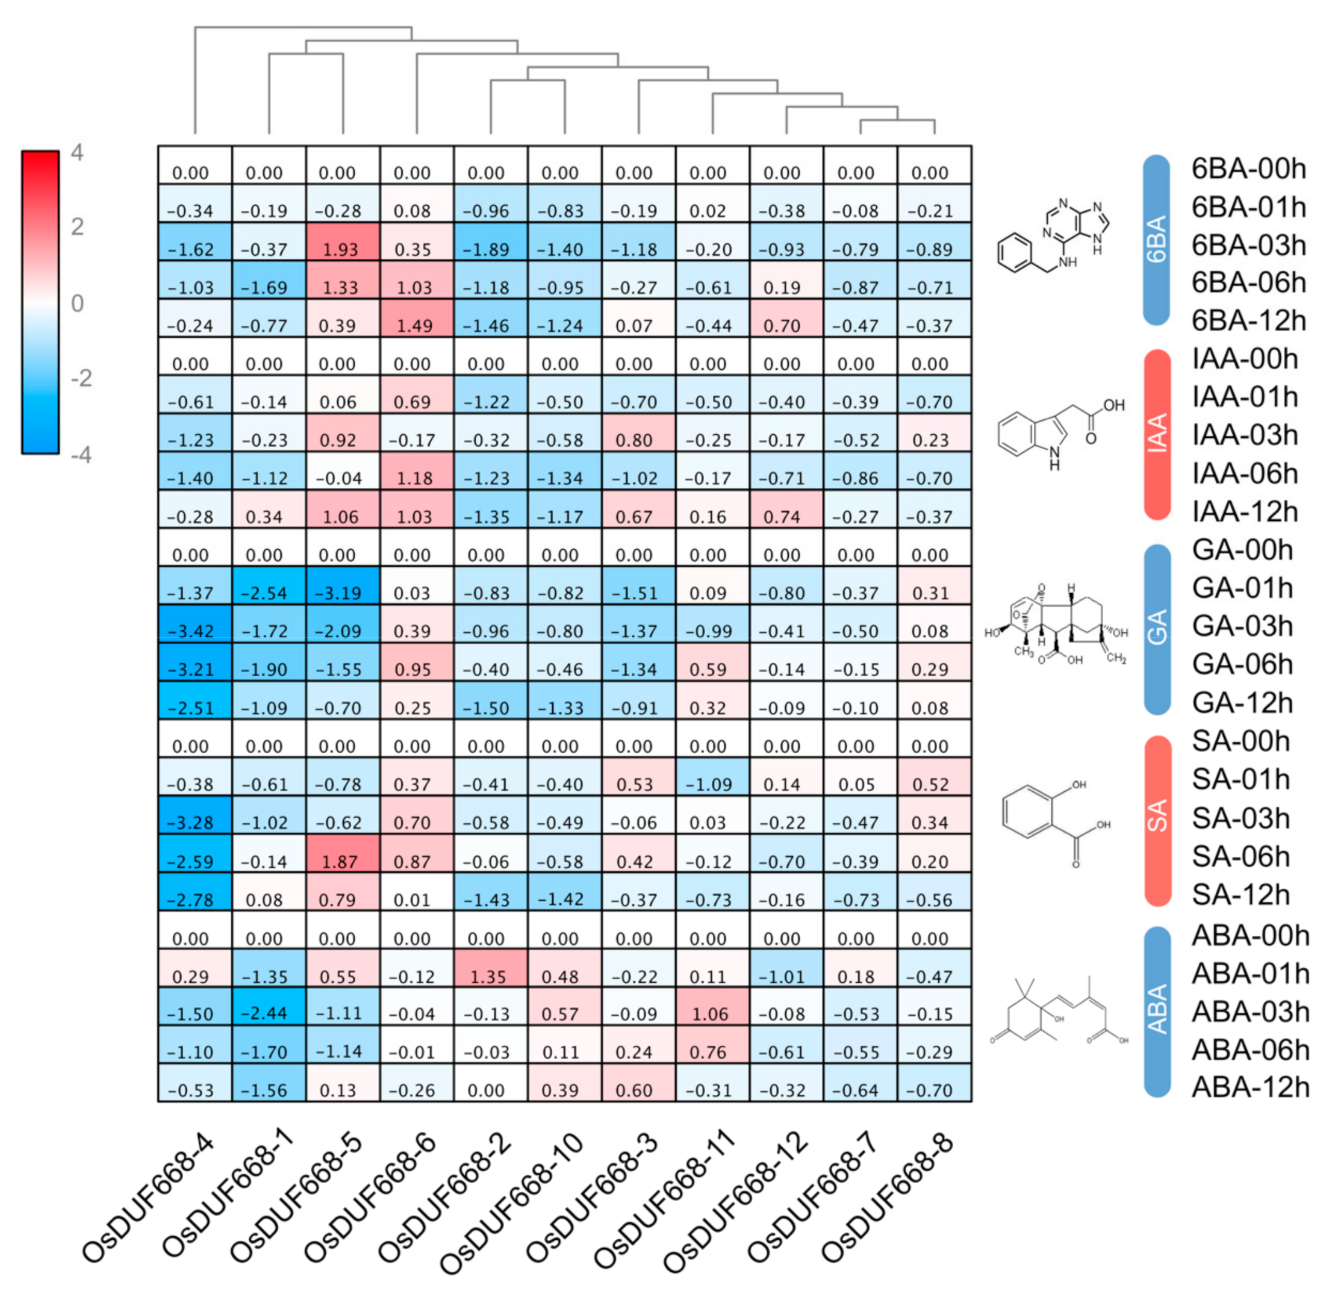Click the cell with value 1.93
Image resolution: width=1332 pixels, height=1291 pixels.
pos(342,242)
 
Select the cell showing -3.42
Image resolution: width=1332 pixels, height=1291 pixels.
pos(195,624)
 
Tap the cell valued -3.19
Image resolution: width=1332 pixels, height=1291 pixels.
pos(342,586)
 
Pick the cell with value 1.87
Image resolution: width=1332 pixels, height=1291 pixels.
pos(342,853)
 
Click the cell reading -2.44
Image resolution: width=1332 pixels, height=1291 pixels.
pos(269,1006)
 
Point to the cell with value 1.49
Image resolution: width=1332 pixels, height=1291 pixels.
pos(416,318)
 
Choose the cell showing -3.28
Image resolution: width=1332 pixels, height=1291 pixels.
pos(195,815)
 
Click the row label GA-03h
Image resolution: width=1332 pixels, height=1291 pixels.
pos(1242,626)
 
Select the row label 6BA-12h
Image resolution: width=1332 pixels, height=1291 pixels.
pos(1248,320)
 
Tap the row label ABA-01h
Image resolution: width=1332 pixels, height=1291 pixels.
pos(1251,974)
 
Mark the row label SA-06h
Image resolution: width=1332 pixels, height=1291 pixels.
pos(1240,856)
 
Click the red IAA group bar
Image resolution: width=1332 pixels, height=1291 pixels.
pos(1157,435)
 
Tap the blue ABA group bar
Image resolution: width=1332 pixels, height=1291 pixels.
pos(1157,1012)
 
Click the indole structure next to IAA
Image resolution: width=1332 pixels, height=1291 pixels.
pos(1057,435)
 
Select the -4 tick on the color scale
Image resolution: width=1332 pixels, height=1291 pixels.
pos(81,454)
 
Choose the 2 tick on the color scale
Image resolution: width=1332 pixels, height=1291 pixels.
pos(78,227)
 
